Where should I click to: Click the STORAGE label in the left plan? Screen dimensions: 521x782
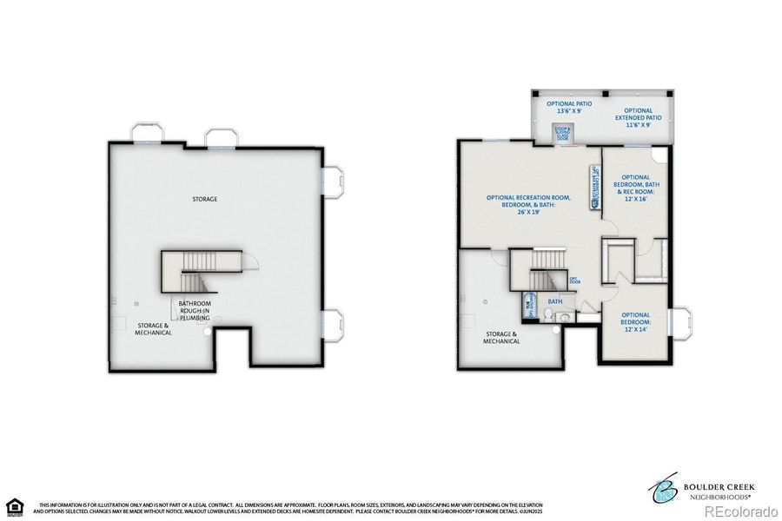click(205, 199)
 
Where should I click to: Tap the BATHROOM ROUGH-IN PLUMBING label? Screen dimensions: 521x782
click(195, 311)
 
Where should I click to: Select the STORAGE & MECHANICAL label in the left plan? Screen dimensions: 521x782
click(153, 328)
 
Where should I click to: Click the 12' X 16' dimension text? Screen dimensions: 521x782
click(635, 198)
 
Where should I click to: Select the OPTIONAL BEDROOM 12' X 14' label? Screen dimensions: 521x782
click(635, 321)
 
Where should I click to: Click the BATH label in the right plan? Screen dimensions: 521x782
click(554, 302)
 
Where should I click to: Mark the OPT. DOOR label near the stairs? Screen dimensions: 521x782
click(574, 280)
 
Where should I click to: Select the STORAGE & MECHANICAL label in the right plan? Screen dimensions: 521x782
click(502, 337)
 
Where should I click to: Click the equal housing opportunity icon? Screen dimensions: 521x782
click(14, 506)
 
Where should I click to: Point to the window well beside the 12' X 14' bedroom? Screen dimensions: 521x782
click(679, 323)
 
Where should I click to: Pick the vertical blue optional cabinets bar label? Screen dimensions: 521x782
click(594, 188)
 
